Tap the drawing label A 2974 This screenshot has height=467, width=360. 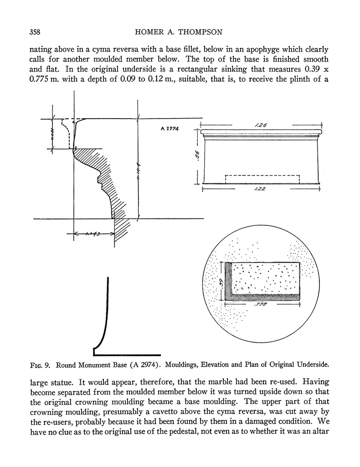coord(169,129)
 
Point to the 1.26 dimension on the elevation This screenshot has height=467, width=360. coord(261,124)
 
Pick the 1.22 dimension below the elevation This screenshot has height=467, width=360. coord(261,189)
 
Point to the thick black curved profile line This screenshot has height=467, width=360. coord(105,319)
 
